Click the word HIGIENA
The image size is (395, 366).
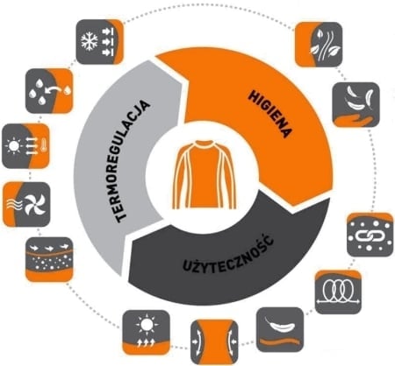(x=270, y=114)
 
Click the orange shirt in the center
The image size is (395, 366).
(x=204, y=174)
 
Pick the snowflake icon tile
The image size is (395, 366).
(x=100, y=42)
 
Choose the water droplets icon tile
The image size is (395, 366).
(x=49, y=91)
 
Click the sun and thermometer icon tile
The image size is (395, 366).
(x=25, y=146)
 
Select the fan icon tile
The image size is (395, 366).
(x=26, y=204)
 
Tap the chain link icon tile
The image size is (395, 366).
(x=370, y=235)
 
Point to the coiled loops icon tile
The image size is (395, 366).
(x=338, y=292)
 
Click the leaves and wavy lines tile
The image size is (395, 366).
(x=319, y=45)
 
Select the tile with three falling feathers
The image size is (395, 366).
(x=356, y=104)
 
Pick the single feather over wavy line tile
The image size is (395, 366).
(x=280, y=329)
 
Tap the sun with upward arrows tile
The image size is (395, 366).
(x=146, y=333)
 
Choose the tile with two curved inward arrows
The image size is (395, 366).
(x=214, y=341)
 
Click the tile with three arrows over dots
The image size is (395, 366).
(x=49, y=259)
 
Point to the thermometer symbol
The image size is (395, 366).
(x=44, y=145)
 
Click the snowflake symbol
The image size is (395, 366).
(x=90, y=41)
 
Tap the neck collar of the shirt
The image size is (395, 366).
(x=205, y=144)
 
